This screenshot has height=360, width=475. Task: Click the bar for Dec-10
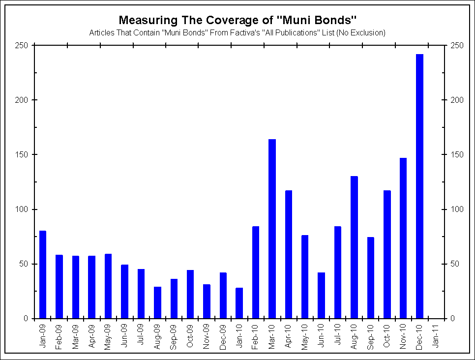pos(419,186)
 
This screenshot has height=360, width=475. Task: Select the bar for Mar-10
pos(272,229)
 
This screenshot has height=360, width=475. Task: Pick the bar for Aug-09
pos(157,302)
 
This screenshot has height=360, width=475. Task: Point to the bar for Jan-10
pos(239,303)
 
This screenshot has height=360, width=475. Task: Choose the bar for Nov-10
pos(403,238)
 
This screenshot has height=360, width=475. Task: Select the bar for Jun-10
pos(321,295)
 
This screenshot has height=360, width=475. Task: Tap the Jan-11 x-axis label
pos(436,335)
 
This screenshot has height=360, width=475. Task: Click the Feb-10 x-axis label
pos(256,335)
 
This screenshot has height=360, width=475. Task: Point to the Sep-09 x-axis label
pos(174,335)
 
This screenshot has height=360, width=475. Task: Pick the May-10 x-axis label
pos(305,335)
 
